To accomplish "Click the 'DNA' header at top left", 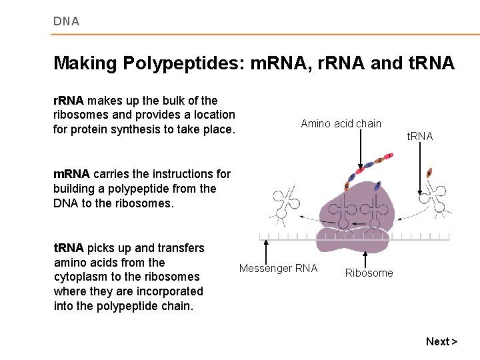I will [x=66, y=21].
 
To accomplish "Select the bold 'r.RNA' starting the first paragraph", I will [x=68, y=101].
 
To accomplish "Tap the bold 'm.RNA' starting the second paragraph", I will [x=71, y=174].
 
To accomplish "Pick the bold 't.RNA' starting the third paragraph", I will [x=69, y=248].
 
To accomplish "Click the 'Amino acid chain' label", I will [x=341, y=123].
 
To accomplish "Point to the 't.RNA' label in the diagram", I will [x=420, y=136].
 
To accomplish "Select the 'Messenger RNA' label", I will [x=278, y=269].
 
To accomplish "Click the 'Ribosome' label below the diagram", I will [x=369, y=273].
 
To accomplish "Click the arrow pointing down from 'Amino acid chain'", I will [x=361, y=150].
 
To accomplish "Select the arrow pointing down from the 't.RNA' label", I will [x=419, y=170].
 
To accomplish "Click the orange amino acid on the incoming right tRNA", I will [x=429, y=173].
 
